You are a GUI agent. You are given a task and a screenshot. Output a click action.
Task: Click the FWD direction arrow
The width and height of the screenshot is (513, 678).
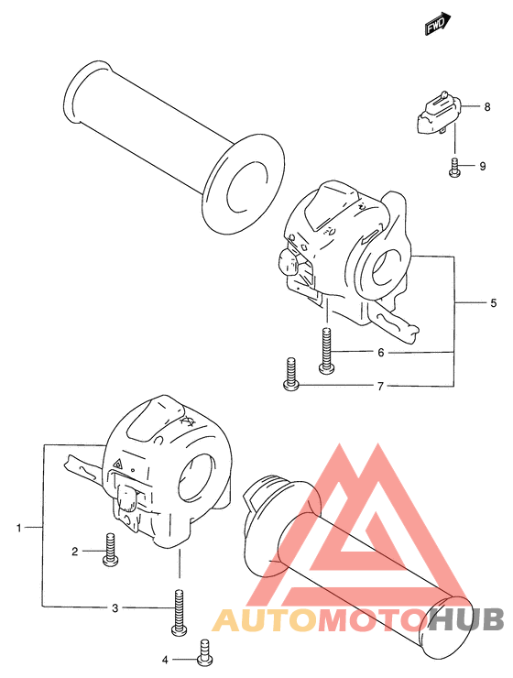click(x=437, y=24)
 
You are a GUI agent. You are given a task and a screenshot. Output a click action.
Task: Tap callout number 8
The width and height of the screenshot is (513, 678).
click(x=487, y=107)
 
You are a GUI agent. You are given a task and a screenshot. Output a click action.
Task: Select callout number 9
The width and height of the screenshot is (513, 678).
click(x=483, y=166)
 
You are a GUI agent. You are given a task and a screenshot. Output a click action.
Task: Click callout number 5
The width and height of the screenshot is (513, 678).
click(x=494, y=303)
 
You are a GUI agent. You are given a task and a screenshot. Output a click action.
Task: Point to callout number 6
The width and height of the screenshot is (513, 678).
click(x=380, y=353)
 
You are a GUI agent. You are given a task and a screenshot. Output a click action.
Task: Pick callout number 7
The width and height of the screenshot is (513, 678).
click(x=380, y=386)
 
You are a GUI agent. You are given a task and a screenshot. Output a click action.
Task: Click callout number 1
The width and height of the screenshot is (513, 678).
click(x=18, y=528)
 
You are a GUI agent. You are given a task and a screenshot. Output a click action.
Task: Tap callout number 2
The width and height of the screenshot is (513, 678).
click(x=75, y=552)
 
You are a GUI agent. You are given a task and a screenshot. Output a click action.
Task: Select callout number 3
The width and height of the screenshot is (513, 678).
click(x=115, y=608)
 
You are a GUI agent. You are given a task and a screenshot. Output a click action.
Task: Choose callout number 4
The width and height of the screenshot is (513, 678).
click(x=165, y=660)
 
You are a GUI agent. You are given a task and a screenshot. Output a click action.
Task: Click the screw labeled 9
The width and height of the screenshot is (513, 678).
click(x=453, y=168)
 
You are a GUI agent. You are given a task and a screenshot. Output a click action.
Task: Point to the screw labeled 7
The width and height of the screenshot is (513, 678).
click(x=291, y=374)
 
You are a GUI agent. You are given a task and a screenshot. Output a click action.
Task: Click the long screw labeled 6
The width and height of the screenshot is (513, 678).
click(x=327, y=350)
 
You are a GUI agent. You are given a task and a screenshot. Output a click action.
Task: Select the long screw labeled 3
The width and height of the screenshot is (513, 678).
click(x=179, y=613)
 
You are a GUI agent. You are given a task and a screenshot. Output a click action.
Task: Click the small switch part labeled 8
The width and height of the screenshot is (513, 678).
click(x=439, y=113)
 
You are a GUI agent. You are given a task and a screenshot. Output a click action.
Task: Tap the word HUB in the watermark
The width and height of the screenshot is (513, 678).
click(x=467, y=619)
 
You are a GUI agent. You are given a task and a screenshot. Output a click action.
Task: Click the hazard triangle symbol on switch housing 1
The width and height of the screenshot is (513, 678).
click(x=117, y=465)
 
